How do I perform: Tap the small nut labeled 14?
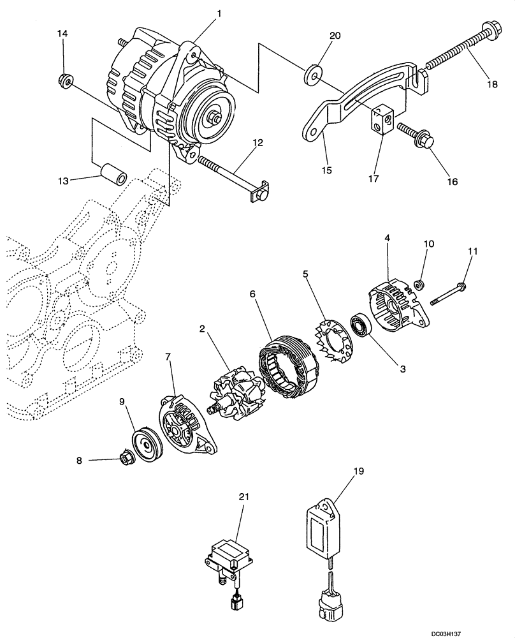(x=64, y=80)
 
